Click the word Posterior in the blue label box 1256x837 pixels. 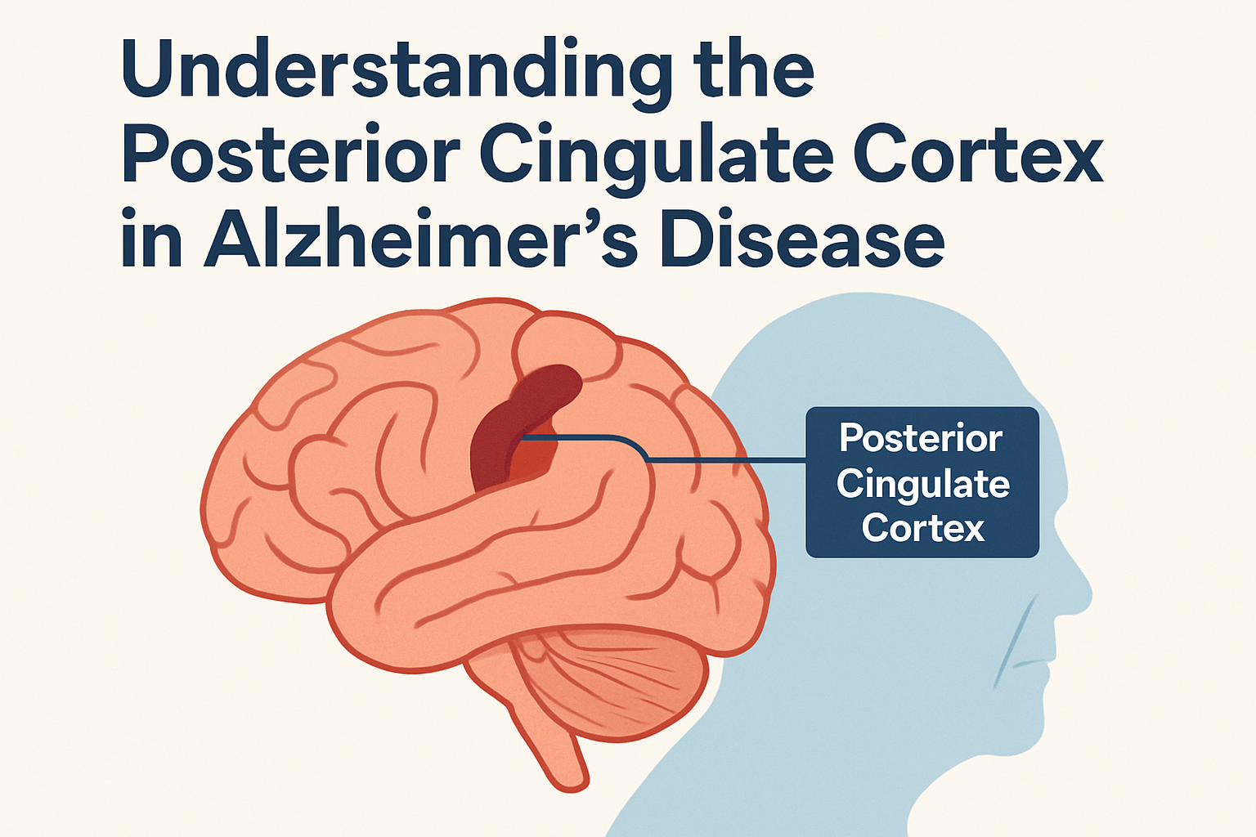click(921, 438)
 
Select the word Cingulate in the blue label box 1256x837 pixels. click(922, 485)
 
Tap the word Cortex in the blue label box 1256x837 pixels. click(923, 527)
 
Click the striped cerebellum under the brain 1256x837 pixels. click(611, 684)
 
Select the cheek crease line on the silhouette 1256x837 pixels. click(1014, 646)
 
